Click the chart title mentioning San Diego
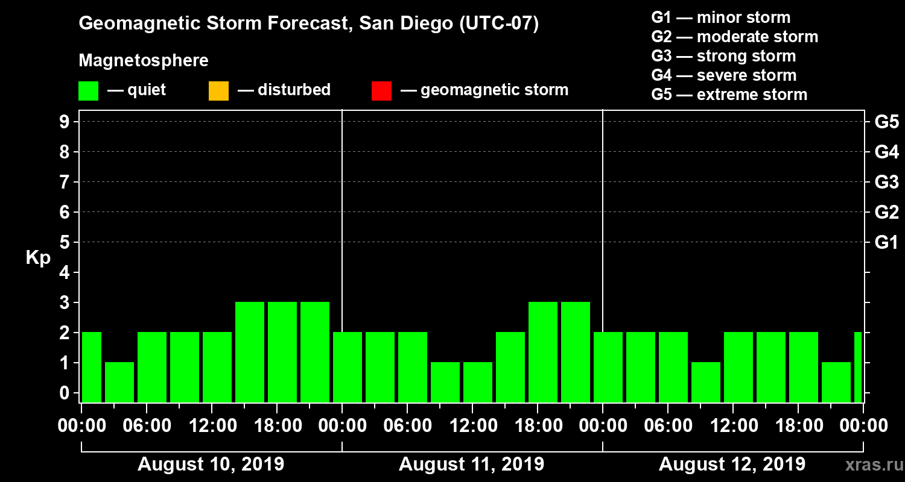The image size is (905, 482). (x=308, y=24)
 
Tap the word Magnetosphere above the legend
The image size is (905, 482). (x=144, y=61)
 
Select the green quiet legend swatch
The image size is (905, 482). (x=88, y=91)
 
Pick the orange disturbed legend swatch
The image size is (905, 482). (x=218, y=91)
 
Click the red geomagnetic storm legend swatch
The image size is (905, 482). (x=381, y=91)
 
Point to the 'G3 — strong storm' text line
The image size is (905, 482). (x=723, y=56)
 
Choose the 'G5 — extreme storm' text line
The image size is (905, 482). (x=729, y=95)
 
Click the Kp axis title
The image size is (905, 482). (x=38, y=258)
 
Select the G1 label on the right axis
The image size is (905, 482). (x=886, y=243)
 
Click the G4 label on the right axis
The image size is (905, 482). (x=886, y=152)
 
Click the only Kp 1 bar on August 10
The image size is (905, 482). (x=119, y=382)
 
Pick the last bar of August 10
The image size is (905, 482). (x=315, y=352)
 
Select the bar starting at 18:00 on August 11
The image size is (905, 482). (x=543, y=352)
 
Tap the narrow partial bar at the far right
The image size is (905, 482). (x=858, y=368)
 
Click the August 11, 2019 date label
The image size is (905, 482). (x=471, y=465)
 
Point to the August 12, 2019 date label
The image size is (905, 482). (x=732, y=465)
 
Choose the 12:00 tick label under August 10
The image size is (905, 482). (x=212, y=426)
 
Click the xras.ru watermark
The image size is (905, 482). (x=869, y=465)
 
